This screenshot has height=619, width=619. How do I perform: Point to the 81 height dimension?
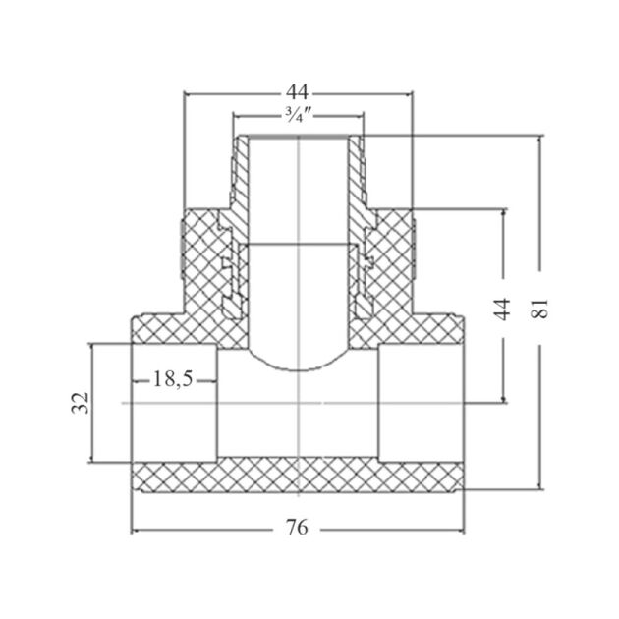coord(538,309)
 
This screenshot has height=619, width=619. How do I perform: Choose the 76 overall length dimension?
coord(298,528)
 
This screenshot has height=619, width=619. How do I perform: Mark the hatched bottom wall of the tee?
coord(298,476)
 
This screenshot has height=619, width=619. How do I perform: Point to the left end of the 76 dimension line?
coord(133,528)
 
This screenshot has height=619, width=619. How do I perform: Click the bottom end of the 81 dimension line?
coord(538,487)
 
